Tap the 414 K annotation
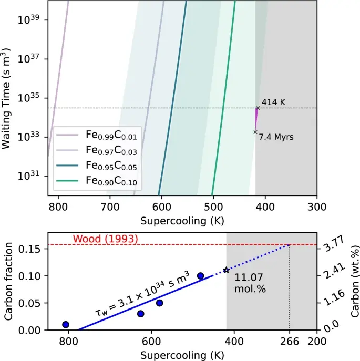click(x=273, y=101)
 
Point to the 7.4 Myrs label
click(x=277, y=137)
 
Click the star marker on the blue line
click(x=227, y=270)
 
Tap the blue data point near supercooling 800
click(x=66, y=324)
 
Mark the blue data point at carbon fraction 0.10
click(x=200, y=275)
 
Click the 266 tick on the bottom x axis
click(x=290, y=341)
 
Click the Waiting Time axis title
click(x=7, y=98)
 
